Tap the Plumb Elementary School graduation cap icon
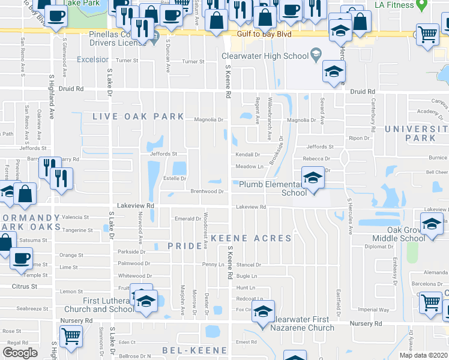pyautogui.click(x=312, y=178)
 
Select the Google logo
pyautogui.click(x=20, y=353)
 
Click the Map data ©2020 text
pyautogui.click(x=423, y=355)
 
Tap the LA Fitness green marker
pyautogui.click(x=422, y=5)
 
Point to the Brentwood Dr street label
pyautogui.click(x=207, y=192)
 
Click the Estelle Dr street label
pyautogui.click(x=175, y=178)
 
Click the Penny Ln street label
pyautogui.click(x=213, y=264)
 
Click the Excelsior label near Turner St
pyautogui.click(x=92, y=59)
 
